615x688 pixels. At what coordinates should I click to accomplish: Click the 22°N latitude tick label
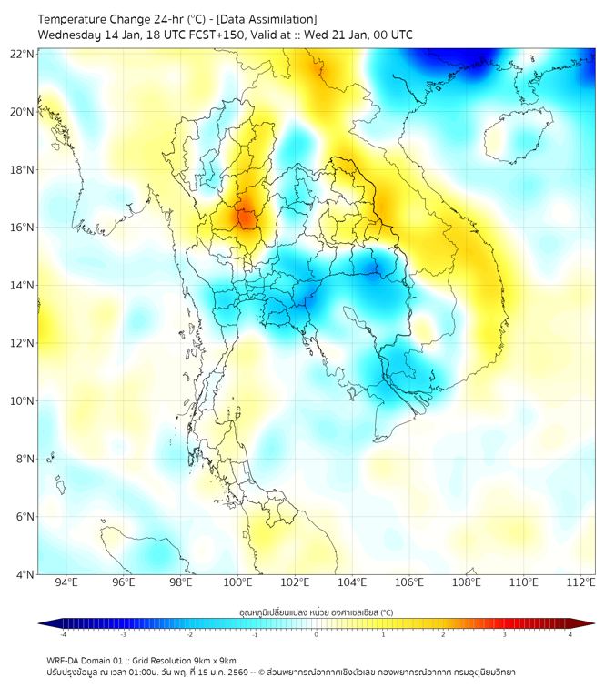(x=23, y=54)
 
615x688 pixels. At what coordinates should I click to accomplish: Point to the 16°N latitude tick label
(x=23, y=228)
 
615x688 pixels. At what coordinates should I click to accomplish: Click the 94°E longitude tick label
(x=66, y=582)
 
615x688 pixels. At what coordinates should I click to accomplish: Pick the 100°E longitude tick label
(x=238, y=582)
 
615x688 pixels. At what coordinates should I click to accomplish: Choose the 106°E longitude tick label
(x=410, y=582)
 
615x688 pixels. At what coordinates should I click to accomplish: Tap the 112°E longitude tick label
(x=581, y=582)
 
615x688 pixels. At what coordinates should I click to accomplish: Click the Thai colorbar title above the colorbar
(x=316, y=612)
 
